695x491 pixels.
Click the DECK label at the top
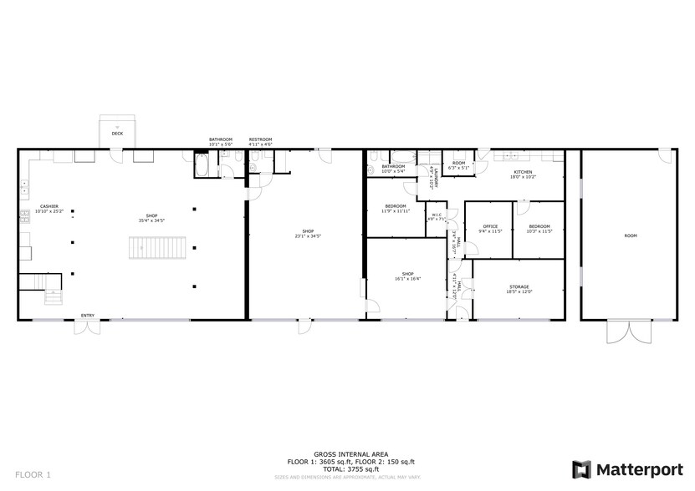coord(117,134)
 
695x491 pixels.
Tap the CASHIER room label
coord(49,207)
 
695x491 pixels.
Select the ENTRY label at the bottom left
coord(88,315)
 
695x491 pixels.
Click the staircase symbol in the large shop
coord(156,249)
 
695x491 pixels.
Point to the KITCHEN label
coord(523,171)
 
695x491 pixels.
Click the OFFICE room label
coord(490,226)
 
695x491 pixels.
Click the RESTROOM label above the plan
coord(260,139)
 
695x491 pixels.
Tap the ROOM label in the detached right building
coord(630,235)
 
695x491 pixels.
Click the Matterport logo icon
coord(581,468)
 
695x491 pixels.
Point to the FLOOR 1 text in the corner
coord(33,474)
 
